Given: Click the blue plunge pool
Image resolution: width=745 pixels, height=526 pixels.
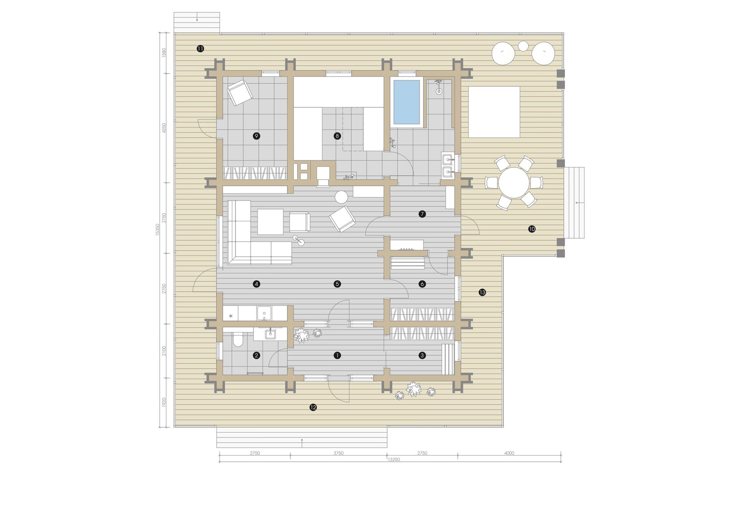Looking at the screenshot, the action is [406, 102].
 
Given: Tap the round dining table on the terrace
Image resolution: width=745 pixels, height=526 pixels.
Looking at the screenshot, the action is [514, 182].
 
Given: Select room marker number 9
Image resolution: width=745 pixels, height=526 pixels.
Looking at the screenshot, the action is [256, 136].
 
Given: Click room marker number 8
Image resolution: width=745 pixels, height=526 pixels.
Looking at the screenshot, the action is [337, 136].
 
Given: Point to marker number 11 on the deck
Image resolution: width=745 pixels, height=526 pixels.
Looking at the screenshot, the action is [200, 49].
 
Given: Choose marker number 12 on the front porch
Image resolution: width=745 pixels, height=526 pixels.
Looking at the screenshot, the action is [313, 407].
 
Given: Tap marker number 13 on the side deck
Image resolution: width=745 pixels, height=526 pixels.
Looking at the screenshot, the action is [482, 292].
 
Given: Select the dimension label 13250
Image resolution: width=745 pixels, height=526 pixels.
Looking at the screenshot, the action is [393, 460].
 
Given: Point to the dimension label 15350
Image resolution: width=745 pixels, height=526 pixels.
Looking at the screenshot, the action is [157, 229].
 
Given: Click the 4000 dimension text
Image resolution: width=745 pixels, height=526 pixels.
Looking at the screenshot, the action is [509, 453].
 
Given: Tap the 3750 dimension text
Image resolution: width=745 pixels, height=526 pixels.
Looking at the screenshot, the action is [339, 453].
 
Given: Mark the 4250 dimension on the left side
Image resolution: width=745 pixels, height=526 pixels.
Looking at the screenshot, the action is [164, 128].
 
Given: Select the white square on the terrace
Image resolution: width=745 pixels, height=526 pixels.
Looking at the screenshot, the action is [494, 112].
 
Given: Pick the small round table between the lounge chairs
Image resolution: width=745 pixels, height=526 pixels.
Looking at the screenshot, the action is [523, 46].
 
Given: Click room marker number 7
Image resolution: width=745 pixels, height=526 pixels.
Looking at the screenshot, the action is [422, 214].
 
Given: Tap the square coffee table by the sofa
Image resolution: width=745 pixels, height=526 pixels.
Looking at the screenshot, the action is [271, 221].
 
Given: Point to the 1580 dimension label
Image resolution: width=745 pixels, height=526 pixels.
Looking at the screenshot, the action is [164, 53].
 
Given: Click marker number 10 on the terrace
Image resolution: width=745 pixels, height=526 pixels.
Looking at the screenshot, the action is [532, 229].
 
